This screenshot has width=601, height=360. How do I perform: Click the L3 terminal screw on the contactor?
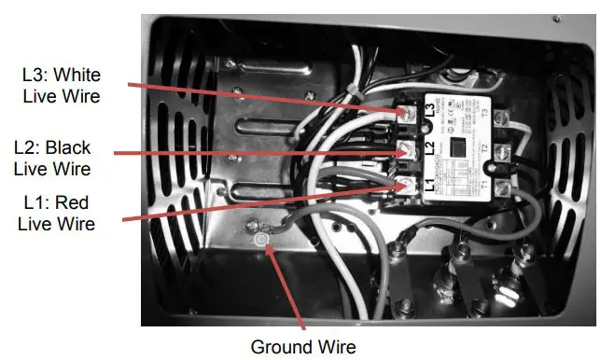click(x=408, y=113)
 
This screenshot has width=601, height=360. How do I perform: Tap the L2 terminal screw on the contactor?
click(x=408, y=149)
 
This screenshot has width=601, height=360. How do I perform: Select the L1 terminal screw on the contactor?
click(x=408, y=186)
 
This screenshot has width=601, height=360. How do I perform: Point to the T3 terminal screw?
click(x=503, y=118)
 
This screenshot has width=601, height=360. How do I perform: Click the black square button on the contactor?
click(x=458, y=146)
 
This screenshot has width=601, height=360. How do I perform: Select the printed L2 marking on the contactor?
click(x=430, y=148)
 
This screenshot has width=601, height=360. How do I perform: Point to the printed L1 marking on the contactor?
click(x=430, y=185)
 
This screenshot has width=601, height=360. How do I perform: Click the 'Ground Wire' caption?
click(x=303, y=347)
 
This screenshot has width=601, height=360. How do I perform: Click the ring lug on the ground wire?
click(x=254, y=227)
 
